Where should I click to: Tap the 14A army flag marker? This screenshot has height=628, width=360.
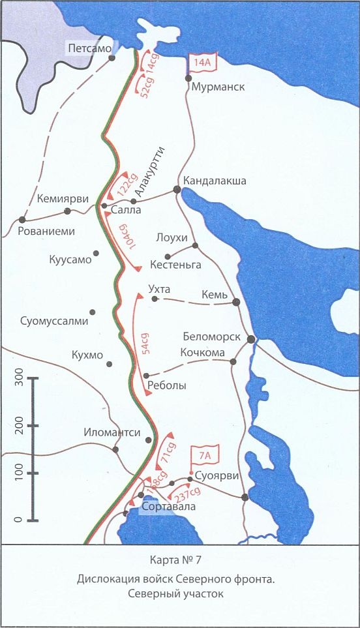click(x=200, y=63)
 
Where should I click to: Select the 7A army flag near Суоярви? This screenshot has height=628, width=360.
click(x=201, y=455)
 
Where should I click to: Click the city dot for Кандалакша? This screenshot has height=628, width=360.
click(x=177, y=189)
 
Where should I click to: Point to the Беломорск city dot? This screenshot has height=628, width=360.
click(x=250, y=338)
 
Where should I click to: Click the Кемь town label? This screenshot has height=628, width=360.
click(x=215, y=295)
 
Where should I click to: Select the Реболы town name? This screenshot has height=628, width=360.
click(x=168, y=385)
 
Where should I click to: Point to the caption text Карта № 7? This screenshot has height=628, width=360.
click(x=179, y=559)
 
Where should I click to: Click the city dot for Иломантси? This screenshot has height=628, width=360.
click(x=115, y=449)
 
